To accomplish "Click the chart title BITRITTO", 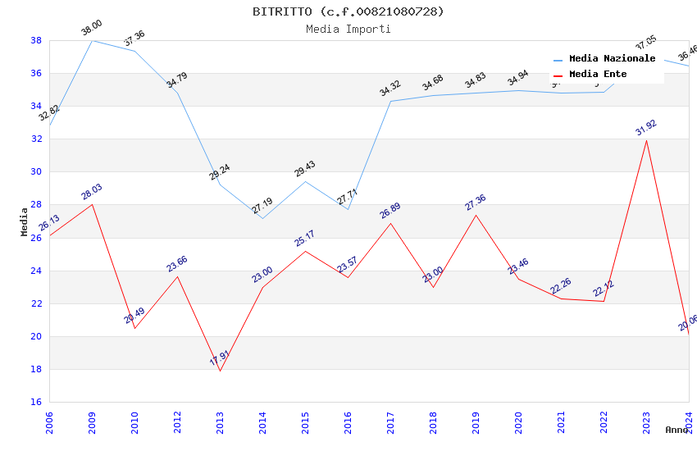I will click(348, 11).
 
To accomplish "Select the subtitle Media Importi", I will click(348, 29).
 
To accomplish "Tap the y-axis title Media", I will click(25, 221).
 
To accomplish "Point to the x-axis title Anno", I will click(676, 430).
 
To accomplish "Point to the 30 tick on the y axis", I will click(36, 172).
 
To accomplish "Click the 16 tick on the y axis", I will click(36, 402).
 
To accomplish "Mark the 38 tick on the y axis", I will click(36, 40).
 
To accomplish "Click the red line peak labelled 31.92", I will click(646, 140).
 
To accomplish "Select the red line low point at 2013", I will click(220, 371).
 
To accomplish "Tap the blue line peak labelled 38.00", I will click(92, 40).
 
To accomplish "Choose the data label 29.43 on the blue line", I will click(305, 169).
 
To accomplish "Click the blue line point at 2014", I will click(262, 218).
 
